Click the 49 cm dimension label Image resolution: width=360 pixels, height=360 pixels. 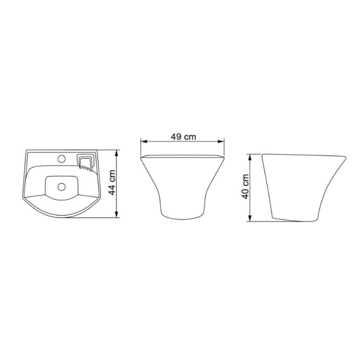click(183, 137)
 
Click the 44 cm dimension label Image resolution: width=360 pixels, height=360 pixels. click(112, 183)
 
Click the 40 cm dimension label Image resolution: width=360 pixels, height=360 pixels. click(245, 186)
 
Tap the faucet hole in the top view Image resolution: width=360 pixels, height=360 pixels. click(62, 159)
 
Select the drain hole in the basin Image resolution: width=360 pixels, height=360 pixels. click(62, 187)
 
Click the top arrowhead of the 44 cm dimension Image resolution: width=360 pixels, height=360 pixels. click(117, 153)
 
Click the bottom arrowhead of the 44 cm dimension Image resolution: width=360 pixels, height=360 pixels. click(117, 214)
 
